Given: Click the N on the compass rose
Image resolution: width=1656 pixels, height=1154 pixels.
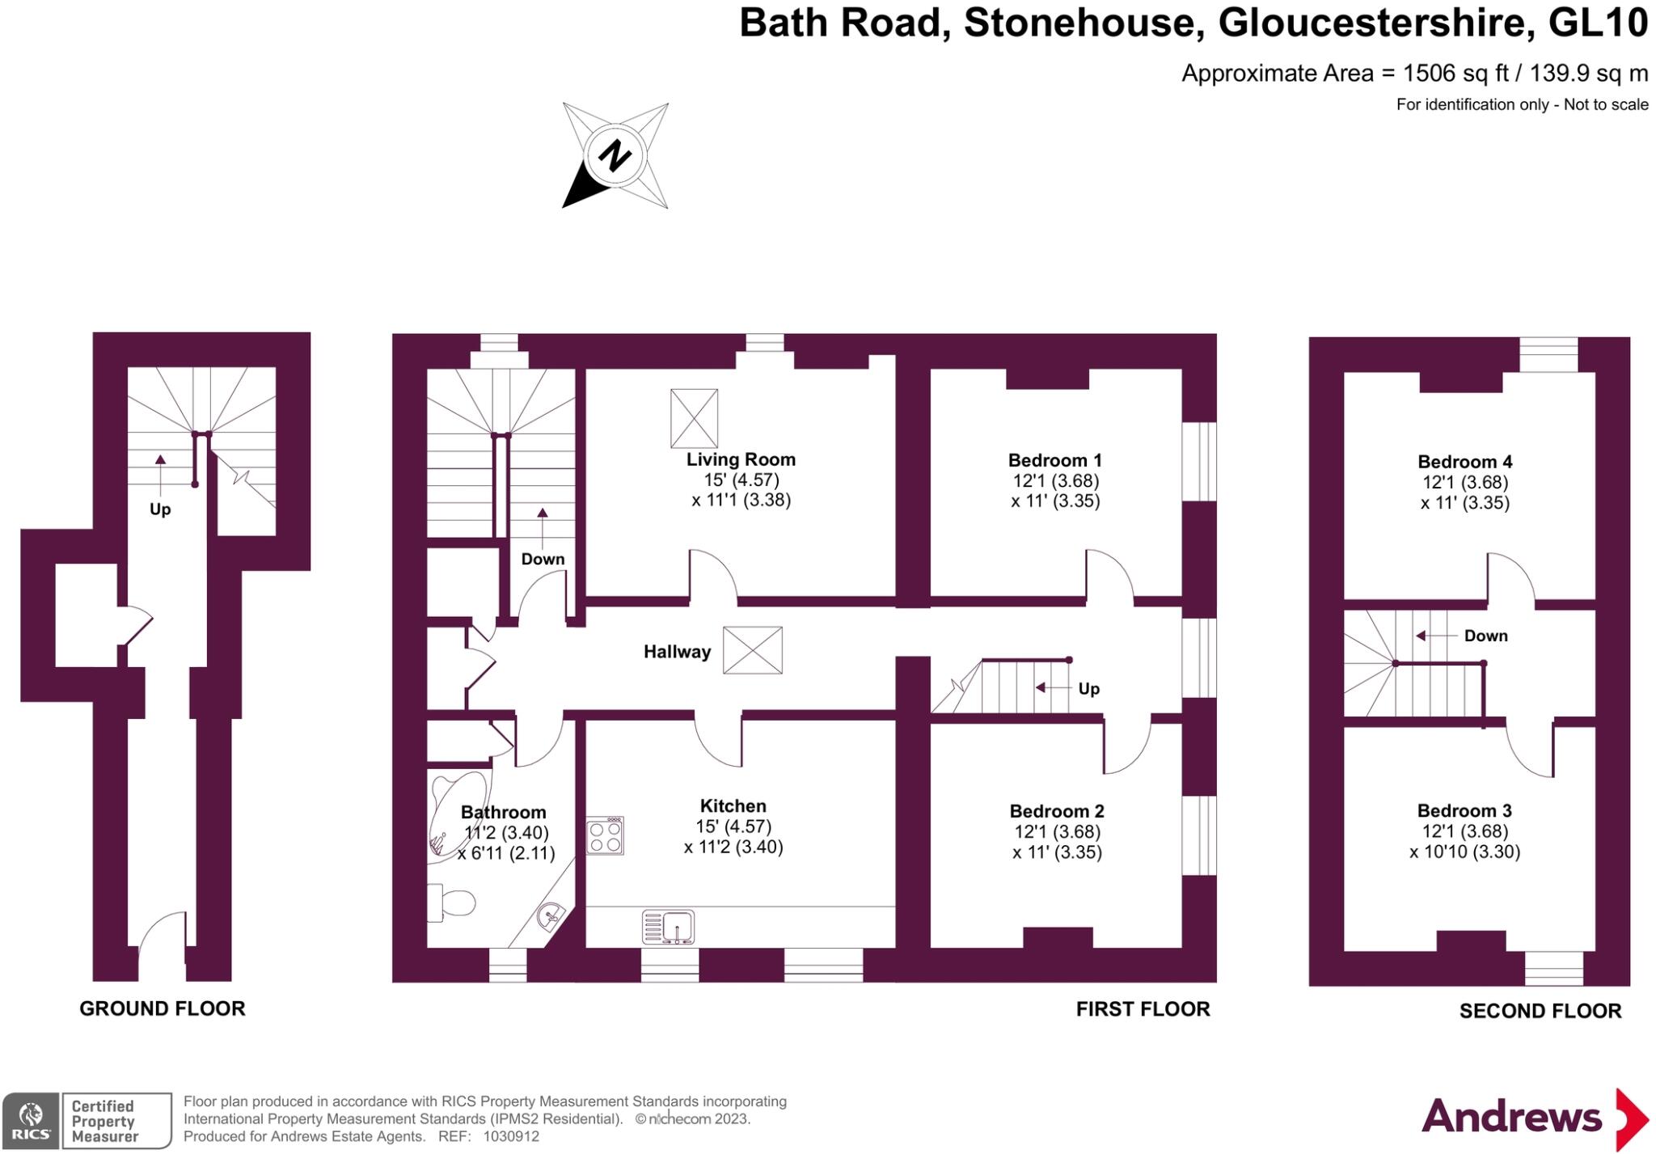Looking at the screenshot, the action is [x=615, y=155].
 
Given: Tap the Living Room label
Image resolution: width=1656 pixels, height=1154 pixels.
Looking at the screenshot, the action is [x=741, y=459].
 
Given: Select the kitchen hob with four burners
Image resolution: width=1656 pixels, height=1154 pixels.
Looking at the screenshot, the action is [x=605, y=835].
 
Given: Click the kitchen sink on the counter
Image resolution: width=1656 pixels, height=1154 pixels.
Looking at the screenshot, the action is [x=668, y=927].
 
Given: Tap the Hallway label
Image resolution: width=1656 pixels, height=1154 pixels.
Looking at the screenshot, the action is [x=677, y=652].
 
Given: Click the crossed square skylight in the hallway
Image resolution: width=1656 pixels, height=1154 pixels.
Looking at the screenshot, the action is [x=752, y=650].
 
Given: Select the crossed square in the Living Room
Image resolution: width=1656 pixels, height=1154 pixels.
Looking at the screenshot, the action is [x=694, y=418].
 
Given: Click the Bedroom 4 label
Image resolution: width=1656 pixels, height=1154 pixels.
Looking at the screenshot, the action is [x=1464, y=462].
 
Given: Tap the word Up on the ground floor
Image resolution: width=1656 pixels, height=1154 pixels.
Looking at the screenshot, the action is [x=160, y=509].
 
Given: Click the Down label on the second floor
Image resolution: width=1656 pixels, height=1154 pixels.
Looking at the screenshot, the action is [x=1485, y=636].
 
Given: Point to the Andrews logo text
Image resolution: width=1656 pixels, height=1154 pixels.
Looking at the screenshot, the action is [x=1511, y=1117].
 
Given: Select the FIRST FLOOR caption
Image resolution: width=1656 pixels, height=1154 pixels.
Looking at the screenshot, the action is [x=1143, y=1008].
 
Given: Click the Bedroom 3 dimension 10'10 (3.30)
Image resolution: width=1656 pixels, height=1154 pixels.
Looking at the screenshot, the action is [x=1464, y=852].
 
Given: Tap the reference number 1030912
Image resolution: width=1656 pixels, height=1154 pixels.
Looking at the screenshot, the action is [x=511, y=1136].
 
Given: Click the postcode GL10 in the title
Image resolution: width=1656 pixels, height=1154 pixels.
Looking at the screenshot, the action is [x=1598, y=23].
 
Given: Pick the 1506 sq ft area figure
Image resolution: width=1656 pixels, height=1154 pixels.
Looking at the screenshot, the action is [x=1455, y=74].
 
